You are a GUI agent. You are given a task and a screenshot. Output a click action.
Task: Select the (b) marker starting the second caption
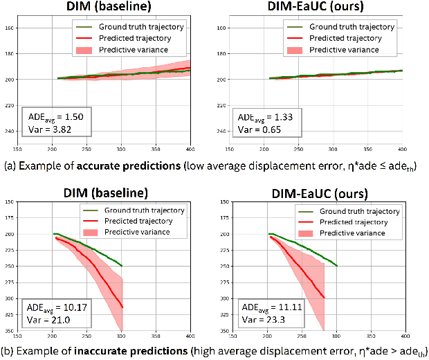[9, 351]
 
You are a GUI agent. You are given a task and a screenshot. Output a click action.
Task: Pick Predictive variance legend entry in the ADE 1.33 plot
[344, 50]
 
